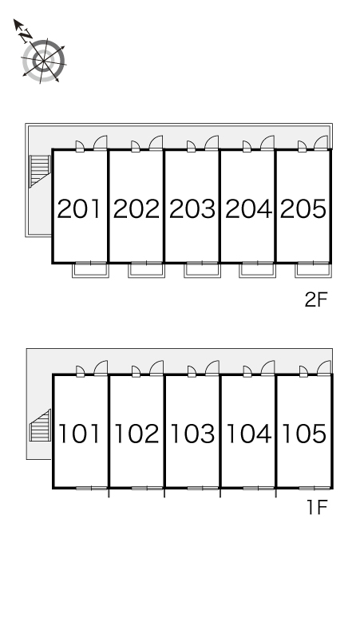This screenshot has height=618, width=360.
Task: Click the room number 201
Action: (x=79, y=209)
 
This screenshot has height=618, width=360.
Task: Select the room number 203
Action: (x=192, y=209)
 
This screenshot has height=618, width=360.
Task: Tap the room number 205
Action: (x=303, y=209)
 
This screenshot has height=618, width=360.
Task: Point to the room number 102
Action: (x=136, y=434)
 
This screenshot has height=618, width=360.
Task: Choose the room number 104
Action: (x=249, y=434)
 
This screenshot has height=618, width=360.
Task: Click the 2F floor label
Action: (x=316, y=300)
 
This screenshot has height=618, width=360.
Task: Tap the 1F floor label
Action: (x=318, y=508)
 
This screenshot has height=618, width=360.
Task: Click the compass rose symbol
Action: (x=43, y=61)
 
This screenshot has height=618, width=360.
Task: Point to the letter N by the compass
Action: (x=26, y=36)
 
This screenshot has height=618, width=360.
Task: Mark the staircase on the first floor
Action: (x=40, y=426)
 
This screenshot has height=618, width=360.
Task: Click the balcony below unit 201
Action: (x=90, y=270)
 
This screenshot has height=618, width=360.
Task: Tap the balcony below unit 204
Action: (x=258, y=270)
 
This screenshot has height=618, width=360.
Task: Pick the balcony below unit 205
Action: (x=314, y=270)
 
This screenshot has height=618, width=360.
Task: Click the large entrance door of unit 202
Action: (x=156, y=143)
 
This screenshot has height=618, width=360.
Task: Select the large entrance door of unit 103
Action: (x=212, y=368)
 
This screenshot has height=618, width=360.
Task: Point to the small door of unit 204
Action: (x=247, y=147)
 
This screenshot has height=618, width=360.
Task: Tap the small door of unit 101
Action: (x=81, y=371)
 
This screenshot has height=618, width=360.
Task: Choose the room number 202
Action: (x=136, y=209)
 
